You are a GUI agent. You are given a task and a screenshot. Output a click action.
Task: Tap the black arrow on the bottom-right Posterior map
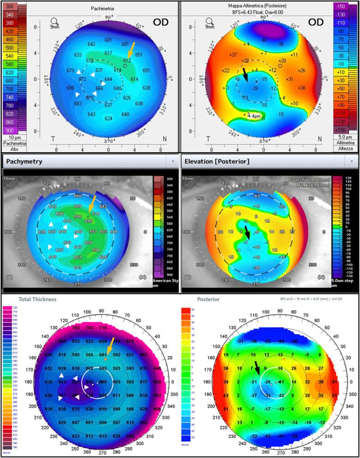(255, 368)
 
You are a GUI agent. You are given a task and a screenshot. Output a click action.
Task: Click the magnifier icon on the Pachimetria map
(55, 21)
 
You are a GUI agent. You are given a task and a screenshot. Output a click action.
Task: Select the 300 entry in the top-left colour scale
(9, 6)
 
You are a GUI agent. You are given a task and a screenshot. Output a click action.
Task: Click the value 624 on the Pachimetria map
(108, 119)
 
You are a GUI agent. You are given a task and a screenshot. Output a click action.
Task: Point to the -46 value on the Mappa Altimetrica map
(264, 40)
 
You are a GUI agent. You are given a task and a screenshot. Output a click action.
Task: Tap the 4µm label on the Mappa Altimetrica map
(254, 117)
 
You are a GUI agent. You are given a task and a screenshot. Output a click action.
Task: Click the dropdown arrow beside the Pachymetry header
(173, 162)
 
